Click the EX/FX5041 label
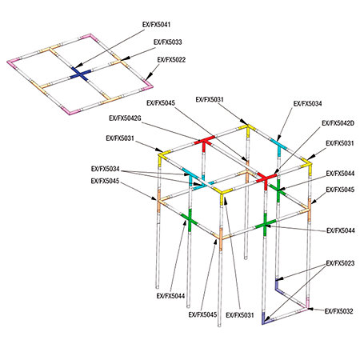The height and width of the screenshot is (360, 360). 156,25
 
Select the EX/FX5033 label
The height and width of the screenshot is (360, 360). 168,42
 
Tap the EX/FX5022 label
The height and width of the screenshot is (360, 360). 171,60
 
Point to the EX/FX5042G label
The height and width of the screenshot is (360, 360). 125,118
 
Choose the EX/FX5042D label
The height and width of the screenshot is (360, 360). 338,123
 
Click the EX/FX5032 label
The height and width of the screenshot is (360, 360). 338,311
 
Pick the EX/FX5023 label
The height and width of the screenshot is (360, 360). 340,263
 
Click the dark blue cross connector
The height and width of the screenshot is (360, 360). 80,74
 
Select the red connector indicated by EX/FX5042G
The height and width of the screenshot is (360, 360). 204,142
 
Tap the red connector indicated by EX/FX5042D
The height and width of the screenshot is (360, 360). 266,178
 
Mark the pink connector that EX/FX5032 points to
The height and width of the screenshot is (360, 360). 306,305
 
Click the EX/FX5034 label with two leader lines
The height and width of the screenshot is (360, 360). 106,169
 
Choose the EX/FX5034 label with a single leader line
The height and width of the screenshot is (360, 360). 307,103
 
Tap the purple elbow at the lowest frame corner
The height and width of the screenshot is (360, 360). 266,319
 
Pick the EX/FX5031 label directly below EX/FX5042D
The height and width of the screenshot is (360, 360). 340,143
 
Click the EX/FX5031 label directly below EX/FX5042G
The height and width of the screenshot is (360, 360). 120,138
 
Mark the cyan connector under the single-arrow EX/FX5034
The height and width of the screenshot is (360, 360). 278,146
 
